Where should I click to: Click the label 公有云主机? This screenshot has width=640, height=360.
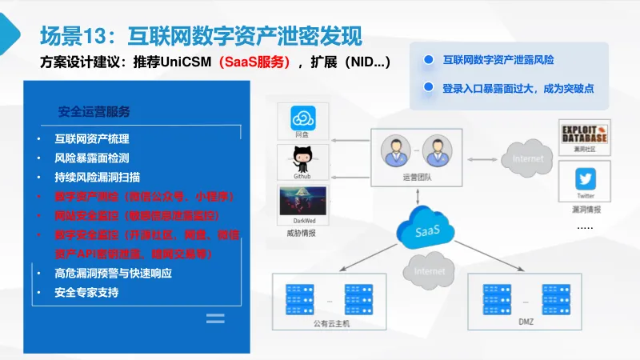tap(331, 323)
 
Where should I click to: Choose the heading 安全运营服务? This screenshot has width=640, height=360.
tap(94, 111)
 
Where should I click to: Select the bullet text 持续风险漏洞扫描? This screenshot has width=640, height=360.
tap(98, 177)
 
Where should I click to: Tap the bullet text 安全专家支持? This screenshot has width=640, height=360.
tap(86, 292)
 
